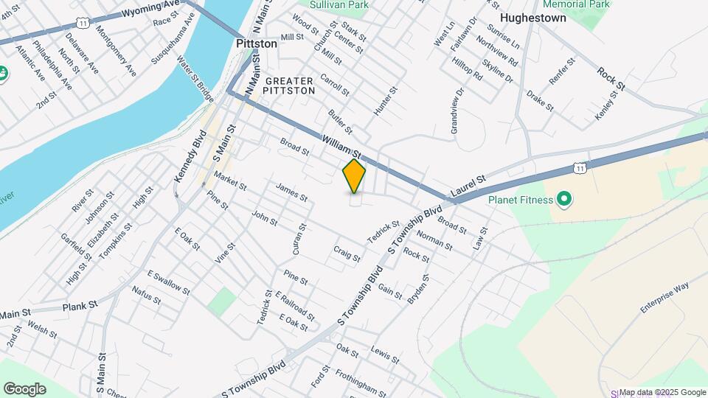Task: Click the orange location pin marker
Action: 355,176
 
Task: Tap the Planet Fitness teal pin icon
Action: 565,198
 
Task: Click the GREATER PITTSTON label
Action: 290,85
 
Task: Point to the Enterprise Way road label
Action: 664,296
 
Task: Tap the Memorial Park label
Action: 580,4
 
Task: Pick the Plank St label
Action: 80,305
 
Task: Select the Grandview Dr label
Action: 454,111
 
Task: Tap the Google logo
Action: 24,388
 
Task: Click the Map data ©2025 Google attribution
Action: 662,392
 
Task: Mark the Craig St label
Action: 347,254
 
